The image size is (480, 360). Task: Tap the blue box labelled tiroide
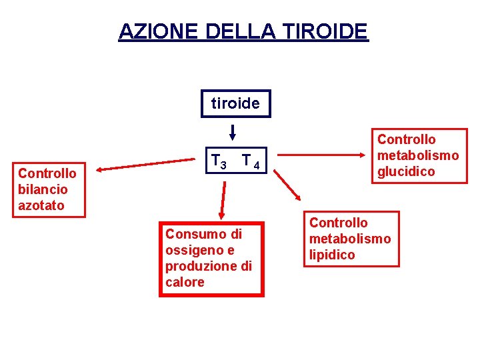click(x=236, y=103)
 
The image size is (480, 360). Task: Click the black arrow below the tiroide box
click(x=233, y=132)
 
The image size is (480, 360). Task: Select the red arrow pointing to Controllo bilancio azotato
click(x=147, y=164)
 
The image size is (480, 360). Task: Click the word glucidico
click(x=406, y=171)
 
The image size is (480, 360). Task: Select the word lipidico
click(x=332, y=255)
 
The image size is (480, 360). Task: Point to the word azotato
click(x=41, y=205)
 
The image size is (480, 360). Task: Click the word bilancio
click(x=43, y=189)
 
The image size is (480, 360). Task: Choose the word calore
click(x=185, y=282)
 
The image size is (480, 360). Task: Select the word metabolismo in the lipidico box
click(x=350, y=239)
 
